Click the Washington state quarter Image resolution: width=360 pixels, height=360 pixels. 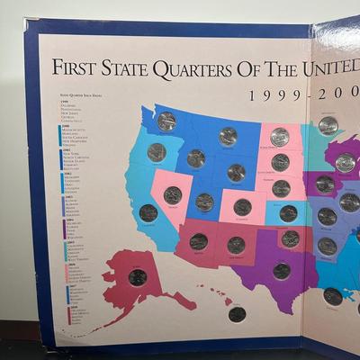tap(166, 121)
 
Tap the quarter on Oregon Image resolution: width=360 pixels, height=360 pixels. tap(157, 152)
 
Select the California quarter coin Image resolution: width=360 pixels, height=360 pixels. tap(148, 213)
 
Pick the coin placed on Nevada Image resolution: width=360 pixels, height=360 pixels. tap(173, 194)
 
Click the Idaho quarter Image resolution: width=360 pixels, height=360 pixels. tap(195, 158)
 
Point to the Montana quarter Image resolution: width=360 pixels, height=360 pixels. tap(228, 136)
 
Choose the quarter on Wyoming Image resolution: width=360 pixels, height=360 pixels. tap(236, 172)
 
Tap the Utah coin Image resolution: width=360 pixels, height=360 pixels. tap(205, 202)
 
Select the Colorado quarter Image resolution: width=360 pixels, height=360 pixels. tap(242, 207)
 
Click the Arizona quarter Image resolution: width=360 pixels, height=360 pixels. tap(199, 241)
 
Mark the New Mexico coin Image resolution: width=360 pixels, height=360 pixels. tap(236, 244)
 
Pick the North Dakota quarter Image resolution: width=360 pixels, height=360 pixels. tap(280, 137)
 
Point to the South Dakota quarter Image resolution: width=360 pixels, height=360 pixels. tap(280, 162)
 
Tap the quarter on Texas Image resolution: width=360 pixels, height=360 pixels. tap(282, 270)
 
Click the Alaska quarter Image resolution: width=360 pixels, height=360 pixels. tap(138, 276)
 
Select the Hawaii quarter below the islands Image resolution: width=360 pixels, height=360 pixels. tap(237, 314)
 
